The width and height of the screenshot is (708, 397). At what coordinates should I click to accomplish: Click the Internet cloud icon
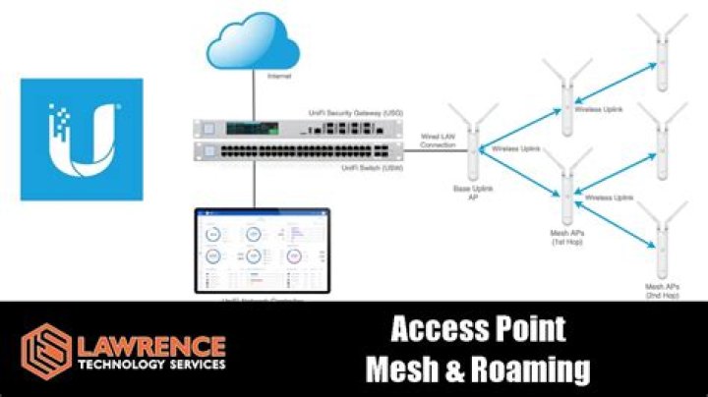(x=253, y=42)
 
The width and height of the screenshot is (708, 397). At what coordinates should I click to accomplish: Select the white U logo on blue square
(x=82, y=140)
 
